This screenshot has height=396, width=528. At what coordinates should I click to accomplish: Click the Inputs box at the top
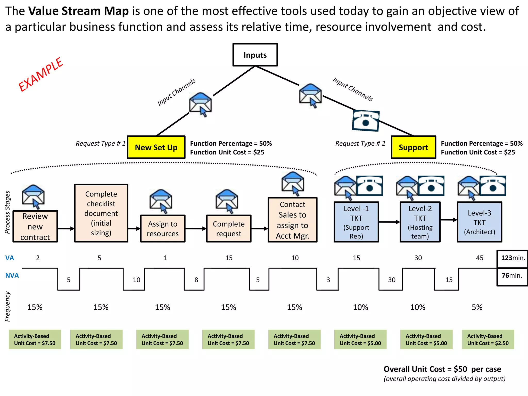[255, 55]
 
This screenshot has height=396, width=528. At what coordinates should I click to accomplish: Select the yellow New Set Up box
[156, 147]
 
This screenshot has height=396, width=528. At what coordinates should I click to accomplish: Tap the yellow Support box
[413, 147]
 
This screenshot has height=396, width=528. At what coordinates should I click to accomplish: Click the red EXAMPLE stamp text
[41, 75]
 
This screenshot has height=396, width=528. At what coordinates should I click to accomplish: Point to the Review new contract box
[35, 226]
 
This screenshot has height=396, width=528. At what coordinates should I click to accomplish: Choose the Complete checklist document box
[101, 213]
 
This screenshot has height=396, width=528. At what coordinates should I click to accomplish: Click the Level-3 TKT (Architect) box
[480, 222]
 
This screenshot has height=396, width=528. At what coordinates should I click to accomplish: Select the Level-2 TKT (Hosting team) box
[420, 222]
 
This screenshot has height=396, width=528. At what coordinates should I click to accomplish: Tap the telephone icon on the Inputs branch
[366, 121]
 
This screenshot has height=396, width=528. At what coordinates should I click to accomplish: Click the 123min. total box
[513, 258]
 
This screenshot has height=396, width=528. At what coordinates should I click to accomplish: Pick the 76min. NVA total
[512, 276]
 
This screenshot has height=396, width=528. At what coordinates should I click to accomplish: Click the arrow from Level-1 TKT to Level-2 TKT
[389, 222]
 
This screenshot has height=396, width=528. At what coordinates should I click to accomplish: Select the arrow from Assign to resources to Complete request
[196, 228]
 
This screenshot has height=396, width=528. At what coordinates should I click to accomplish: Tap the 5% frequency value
[477, 307]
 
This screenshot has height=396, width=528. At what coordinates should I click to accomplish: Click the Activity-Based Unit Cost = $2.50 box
[488, 340]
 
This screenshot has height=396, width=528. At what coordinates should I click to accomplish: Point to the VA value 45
[480, 258]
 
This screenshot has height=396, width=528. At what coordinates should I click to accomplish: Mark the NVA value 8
[196, 280]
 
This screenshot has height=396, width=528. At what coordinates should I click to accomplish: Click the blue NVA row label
[12, 276]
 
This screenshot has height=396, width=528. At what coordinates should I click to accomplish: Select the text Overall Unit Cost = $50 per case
[442, 369]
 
